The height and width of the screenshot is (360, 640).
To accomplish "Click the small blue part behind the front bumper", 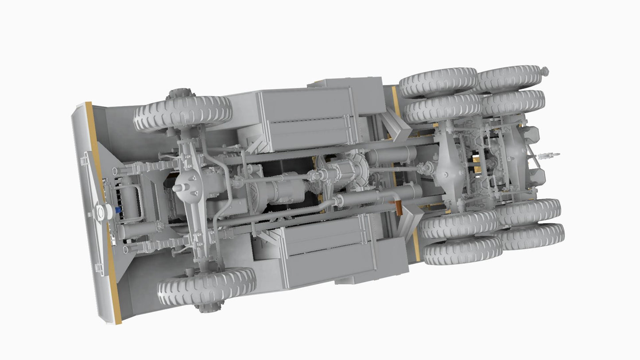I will coord(118,210).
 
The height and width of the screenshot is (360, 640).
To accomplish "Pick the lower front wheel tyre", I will coord(207,286).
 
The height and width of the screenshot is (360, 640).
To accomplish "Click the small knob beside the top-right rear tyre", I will coord(545,71).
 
